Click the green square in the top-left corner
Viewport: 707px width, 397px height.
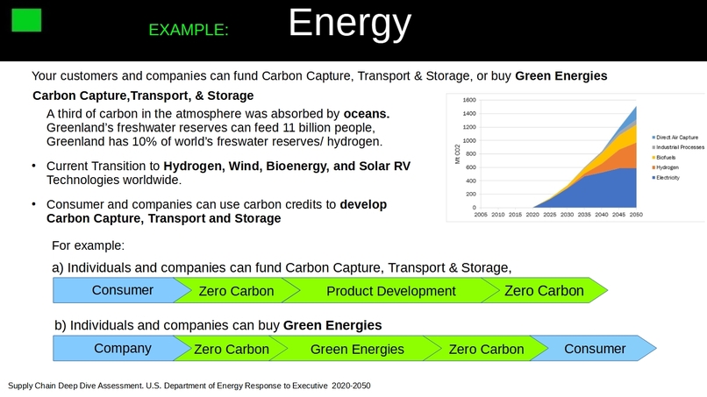pyautogui.click(x=26, y=18)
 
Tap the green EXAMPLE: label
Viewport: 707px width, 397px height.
pyautogui.click(x=189, y=30)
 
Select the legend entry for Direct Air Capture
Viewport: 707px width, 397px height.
pyautogui.click(x=676, y=138)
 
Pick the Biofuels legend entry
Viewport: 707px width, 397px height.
pyautogui.click(x=668, y=158)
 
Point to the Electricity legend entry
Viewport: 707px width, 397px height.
pyautogui.click(x=670, y=178)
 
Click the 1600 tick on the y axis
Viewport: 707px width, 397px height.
pyautogui.click(x=468, y=100)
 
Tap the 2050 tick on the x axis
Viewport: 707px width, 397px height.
pyautogui.click(x=636, y=214)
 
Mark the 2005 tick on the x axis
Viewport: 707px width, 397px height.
pyautogui.click(x=481, y=214)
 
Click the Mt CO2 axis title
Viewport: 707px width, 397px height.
pyautogui.click(x=456, y=154)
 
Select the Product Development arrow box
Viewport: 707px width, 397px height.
pyautogui.click(x=390, y=291)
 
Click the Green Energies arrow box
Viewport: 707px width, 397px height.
pyautogui.click(x=357, y=350)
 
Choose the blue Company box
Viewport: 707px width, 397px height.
pyautogui.click(x=122, y=349)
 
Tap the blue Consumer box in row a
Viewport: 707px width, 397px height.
pyautogui.click(x=122, y=290)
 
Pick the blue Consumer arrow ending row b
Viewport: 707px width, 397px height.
pyautogui.click(x=594, y=349)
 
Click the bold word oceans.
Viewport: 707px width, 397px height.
pyautogui.click(x=366, y=114)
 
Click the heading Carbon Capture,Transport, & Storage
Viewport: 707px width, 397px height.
pyautogui.click(x=143, y=96)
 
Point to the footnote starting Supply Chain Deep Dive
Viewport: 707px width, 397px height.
pyautogui.click(x=189, y=386)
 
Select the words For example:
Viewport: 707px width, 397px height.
pyautogui.click(x=88, y=245)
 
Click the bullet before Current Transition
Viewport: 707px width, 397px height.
pyautogui.click(x=34, y=166)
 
